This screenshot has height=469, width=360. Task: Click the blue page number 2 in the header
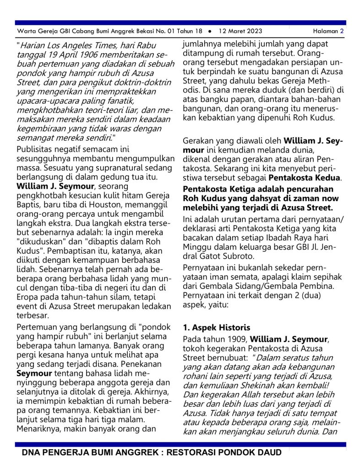(x=342, y=31)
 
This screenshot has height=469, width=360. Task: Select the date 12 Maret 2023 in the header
(x=240, y=31)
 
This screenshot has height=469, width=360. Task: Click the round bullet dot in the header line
(x=209, y=31)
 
